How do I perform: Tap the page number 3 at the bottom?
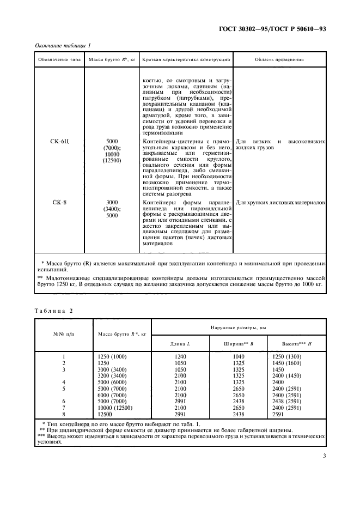coord(324,464)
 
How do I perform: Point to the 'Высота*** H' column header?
coord(296,343)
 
